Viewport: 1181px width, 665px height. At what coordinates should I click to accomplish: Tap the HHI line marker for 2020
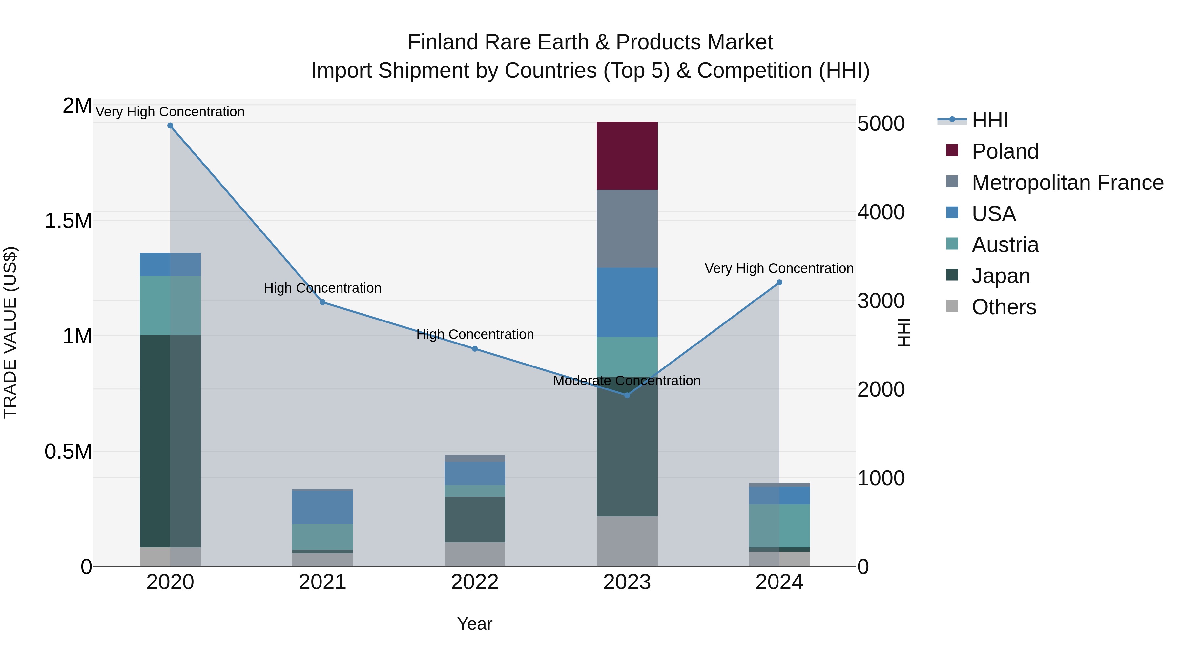click(170, 126)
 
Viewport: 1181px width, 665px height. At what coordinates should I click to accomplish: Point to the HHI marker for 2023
click(627, 395)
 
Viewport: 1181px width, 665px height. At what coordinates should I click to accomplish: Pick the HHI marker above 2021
click(322, 302)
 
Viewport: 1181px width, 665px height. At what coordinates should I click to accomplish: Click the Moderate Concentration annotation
click(626, 381)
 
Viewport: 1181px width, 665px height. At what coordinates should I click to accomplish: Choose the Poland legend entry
click(1005, 151)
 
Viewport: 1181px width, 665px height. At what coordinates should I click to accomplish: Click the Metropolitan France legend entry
click(1067, 182)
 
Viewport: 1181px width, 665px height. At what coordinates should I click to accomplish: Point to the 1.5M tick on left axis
click(68, 221)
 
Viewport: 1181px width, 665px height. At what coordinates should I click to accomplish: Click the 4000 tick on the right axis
click(881, 212)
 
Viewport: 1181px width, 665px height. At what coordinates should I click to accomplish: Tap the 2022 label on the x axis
click(474, 582)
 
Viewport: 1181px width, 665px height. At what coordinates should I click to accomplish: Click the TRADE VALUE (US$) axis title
click(10, 332)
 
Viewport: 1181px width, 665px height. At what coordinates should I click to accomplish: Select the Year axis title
click(474, 624)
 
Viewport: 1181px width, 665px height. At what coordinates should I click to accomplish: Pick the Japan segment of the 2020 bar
click(170, 441)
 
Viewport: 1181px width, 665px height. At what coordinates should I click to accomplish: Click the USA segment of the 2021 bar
click(322, 507)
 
